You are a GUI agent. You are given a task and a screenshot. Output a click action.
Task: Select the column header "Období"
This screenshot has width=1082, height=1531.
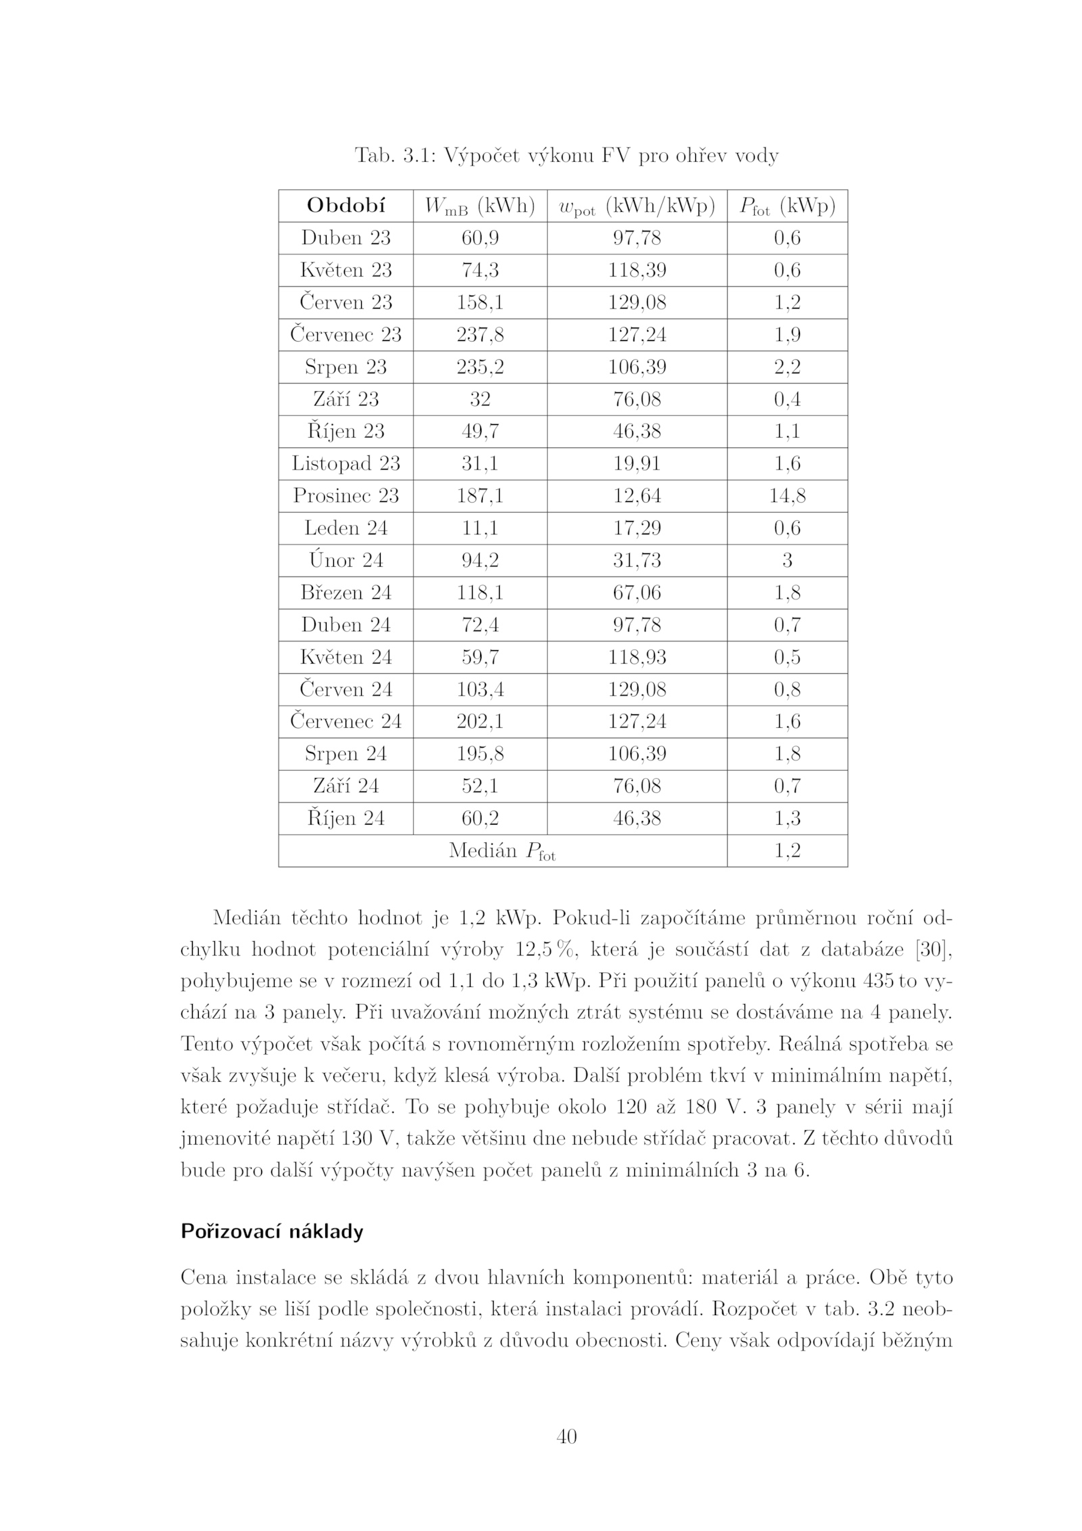[x=346, y=206]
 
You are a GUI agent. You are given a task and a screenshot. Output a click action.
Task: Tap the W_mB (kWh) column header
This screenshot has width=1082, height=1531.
[x=479, y=206]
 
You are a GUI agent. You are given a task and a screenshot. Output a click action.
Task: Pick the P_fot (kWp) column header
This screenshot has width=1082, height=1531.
[x=786, y=206]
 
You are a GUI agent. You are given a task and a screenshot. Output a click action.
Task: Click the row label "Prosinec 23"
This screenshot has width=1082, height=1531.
[x=346, y=496]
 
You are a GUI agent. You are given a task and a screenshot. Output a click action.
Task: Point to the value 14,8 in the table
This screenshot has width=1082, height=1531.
[x=786, y=496]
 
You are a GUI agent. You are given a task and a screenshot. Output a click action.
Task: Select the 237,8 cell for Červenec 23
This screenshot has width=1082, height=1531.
[x=479, y=335]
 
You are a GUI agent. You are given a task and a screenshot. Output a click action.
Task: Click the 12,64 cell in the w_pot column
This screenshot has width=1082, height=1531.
[x=636, y=496]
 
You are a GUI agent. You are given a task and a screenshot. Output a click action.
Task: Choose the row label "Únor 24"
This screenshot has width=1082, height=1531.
[x=346, y=560]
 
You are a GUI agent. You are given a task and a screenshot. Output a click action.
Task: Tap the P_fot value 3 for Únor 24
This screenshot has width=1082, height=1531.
[x=786, y=560]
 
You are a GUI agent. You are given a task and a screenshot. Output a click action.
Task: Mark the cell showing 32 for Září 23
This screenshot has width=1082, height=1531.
[x=479, y=399]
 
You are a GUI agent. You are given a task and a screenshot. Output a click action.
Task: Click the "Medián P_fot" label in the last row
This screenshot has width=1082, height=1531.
[x=502, y=851]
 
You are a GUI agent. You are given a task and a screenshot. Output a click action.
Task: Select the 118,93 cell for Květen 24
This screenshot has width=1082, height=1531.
[x=636, y=657]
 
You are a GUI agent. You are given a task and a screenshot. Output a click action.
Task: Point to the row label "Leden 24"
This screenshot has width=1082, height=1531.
[x=346, y=528]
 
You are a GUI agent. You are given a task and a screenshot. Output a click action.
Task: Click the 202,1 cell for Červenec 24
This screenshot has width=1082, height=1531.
[x=479, y=721]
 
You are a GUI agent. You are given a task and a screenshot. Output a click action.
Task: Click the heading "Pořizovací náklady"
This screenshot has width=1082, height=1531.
[x=272, y=1231]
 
